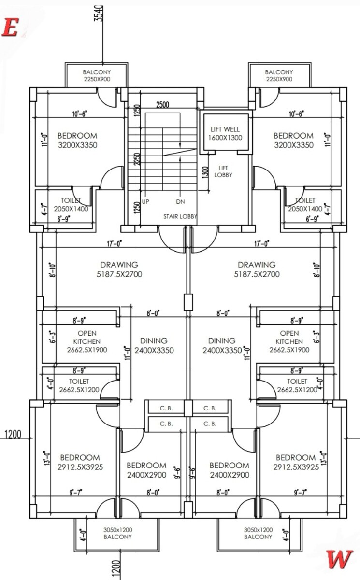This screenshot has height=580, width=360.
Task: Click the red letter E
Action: pyautogui.click(x=10, y=28)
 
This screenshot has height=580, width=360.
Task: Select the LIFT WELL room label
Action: pyautogui.click(x=225, y=129)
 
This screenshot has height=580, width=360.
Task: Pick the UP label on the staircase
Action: pyautogui.click(x=145, y=202)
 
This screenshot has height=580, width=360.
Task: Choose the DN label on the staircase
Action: pyautogui.click(x=179, y=202)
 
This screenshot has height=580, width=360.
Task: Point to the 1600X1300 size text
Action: pyautogui.click(x=225, y=138)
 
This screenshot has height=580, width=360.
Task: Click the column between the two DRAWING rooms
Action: pyautogui.click(x=187, y=303)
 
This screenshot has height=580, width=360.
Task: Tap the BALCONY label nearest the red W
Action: pyautogui.click(x=258, y=537)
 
